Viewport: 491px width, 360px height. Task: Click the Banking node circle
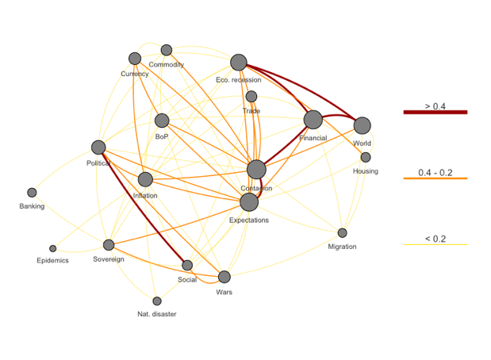tap(32, 193)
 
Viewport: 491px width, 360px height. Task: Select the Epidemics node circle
tap(53, 248)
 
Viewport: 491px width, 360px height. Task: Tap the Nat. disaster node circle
tap(157, 301)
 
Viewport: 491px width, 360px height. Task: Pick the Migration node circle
tap(343, 233)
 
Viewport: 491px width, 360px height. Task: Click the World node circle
tap(362, 125)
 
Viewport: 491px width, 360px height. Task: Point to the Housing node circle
tap(366, 157)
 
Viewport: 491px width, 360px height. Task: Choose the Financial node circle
tap(313, 120)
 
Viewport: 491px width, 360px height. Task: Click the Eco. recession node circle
tap(239, 63)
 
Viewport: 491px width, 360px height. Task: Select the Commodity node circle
tap(167, 51)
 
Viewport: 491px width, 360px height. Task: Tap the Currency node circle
tap(135, 59)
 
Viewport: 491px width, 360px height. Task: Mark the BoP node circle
tap(162, 121)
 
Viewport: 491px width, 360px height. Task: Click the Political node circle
tap(98, 147)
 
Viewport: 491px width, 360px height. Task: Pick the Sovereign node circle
tap(109, 245)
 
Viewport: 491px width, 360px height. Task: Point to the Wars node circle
tap(224, 277)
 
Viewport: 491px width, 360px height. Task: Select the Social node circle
tap(187, 265)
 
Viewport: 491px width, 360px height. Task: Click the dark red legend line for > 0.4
tap(435, 113)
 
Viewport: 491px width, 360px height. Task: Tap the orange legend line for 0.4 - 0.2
tap(435, 179)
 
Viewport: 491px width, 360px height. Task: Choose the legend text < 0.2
tap(435, 239)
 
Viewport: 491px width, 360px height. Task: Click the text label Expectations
tap(249, 220)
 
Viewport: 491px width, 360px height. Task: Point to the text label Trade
tap(251, 111)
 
